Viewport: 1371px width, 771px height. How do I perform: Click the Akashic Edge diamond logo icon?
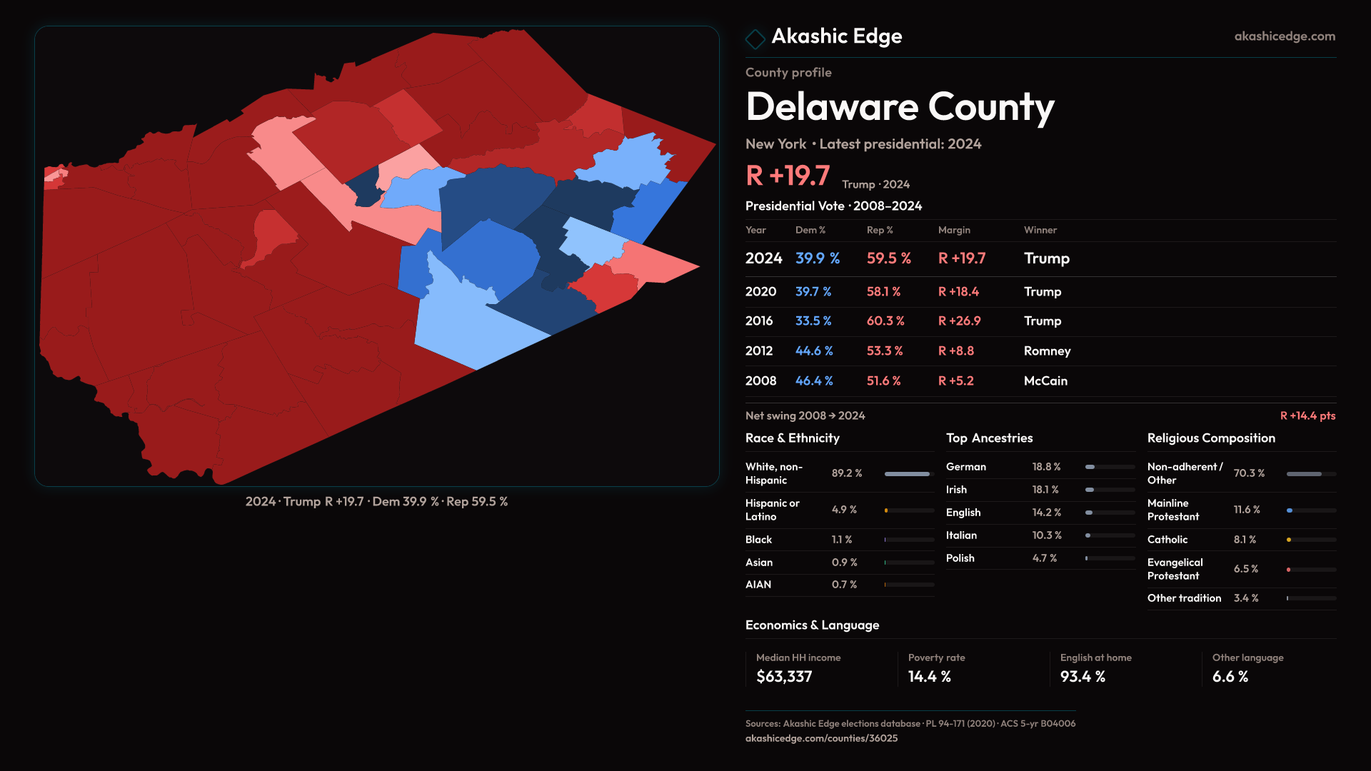pos(755,38)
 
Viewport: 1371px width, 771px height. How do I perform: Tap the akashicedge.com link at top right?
pos(1284,36)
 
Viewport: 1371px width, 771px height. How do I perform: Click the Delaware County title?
pos(900,107)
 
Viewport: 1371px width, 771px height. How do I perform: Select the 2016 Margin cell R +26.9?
pos(959,321)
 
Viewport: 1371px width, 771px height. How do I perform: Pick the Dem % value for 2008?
pos(814,381)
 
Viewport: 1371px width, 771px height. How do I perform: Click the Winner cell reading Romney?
pos(1047,351)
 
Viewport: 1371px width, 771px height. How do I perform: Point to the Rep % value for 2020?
pos(883,292)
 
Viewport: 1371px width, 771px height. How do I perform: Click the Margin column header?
pos(954,230)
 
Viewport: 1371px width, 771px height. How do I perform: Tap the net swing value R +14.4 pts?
pos(1307,415)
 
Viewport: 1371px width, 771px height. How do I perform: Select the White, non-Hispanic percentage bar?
pos(908,474)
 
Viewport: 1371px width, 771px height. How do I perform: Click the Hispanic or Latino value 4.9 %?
pos(844,510)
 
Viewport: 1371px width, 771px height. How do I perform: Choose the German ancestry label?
pos(966,467)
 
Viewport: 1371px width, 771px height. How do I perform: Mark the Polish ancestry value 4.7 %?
pos(1045,558)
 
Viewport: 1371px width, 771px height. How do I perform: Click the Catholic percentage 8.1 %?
pos(1245,540)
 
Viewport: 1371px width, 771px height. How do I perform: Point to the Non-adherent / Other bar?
pos(1310,474)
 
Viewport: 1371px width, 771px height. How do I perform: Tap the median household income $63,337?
pos(784,677)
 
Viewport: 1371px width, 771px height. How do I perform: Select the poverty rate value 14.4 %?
pos(929,677)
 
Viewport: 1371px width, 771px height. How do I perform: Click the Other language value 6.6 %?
pos(1230,677)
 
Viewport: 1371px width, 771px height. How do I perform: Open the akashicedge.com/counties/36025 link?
pos(821,738)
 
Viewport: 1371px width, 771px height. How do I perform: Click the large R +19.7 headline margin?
pos(788,176)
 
